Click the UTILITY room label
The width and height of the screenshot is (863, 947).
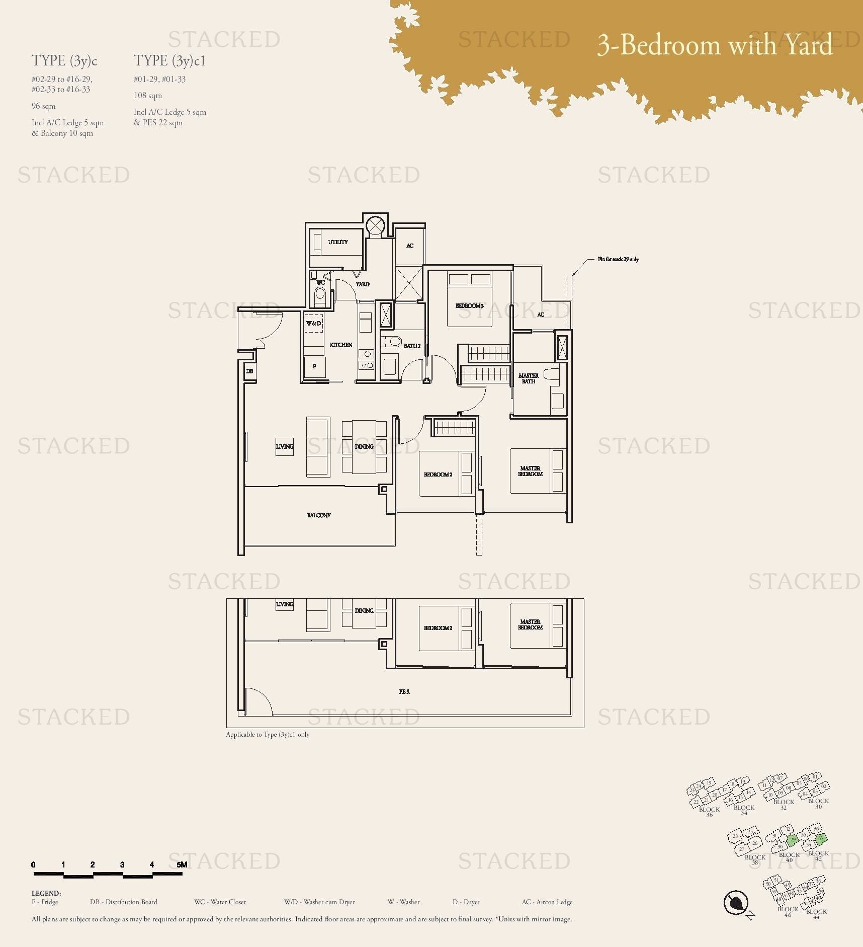pos(338,242)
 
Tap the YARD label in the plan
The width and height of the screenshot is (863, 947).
pos(363,284)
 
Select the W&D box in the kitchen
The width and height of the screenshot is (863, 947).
pos(314,324)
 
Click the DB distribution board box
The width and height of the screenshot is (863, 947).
pos(249,371)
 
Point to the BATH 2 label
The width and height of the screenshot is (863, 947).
pos(412,346)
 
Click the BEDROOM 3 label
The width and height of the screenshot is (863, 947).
pos(469,306)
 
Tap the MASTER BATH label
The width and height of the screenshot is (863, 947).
pos(529,378)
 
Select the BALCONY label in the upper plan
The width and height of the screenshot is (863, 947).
pos(319,515)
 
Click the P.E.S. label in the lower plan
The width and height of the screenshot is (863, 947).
pos(404,692)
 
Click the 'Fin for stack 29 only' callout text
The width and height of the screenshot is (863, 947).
pos(618,259)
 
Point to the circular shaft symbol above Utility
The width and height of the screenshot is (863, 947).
pos(375,225)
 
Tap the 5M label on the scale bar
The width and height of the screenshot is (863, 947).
pos(182,864)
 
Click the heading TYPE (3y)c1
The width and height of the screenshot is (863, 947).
pos(169,61)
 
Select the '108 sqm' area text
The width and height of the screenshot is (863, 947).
pos(148,96)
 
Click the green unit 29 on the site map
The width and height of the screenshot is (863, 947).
pos(793,840)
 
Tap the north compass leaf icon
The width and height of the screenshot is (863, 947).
pos(736,902)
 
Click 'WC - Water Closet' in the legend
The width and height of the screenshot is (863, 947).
pos(220,902)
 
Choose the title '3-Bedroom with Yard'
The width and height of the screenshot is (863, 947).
pos(715,45)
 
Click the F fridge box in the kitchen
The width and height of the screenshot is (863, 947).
pos(315,366)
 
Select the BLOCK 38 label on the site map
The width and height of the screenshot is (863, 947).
pos(755,859)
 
